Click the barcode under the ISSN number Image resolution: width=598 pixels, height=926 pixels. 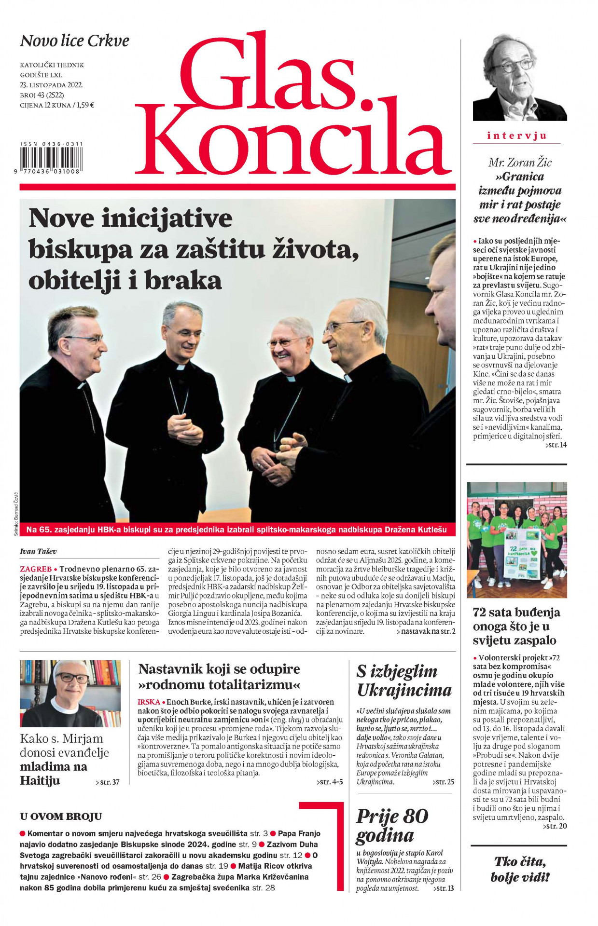(x=51, y=157)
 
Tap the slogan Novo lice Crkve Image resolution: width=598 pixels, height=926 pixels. (x=74, y=41)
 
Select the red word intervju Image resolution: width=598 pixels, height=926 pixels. (x=516, y=136)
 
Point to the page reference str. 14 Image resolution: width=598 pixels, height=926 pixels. (x=556, y=445)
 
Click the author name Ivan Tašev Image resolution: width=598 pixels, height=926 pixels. (x=39, y=551)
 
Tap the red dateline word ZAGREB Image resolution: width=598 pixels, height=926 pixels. (x=36, y=569)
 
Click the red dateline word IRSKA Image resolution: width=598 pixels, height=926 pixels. (x=149, y=702)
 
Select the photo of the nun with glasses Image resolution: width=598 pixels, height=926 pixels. (x=70, y=693)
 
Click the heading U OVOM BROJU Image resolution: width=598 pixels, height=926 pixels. (x=61, y=816)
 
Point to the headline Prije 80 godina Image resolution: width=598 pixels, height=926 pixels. (x=392, y=825)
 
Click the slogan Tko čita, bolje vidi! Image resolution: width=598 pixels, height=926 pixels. (x=519, y=869)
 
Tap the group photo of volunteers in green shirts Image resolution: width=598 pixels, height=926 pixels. (x=516, y=539)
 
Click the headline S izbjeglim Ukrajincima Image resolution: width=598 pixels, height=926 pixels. (x=404, y=681)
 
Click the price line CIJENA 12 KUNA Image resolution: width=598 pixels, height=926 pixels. (x=56, y=105)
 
